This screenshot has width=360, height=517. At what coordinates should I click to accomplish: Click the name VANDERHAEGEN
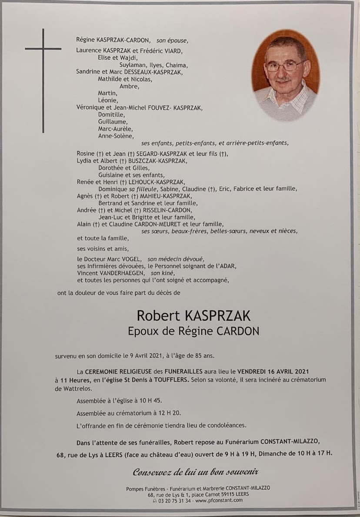[110, 273]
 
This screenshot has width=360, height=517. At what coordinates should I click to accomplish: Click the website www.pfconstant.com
[219, 501]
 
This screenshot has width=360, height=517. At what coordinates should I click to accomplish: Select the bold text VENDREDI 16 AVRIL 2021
[273, 372]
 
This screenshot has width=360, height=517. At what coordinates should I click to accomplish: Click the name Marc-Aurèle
[116, 129]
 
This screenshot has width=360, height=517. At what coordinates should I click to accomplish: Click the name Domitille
[112, 115]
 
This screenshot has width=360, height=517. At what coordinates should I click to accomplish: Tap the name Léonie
[108, 101]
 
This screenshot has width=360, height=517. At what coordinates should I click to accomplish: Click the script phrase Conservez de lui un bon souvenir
[196, 472]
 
